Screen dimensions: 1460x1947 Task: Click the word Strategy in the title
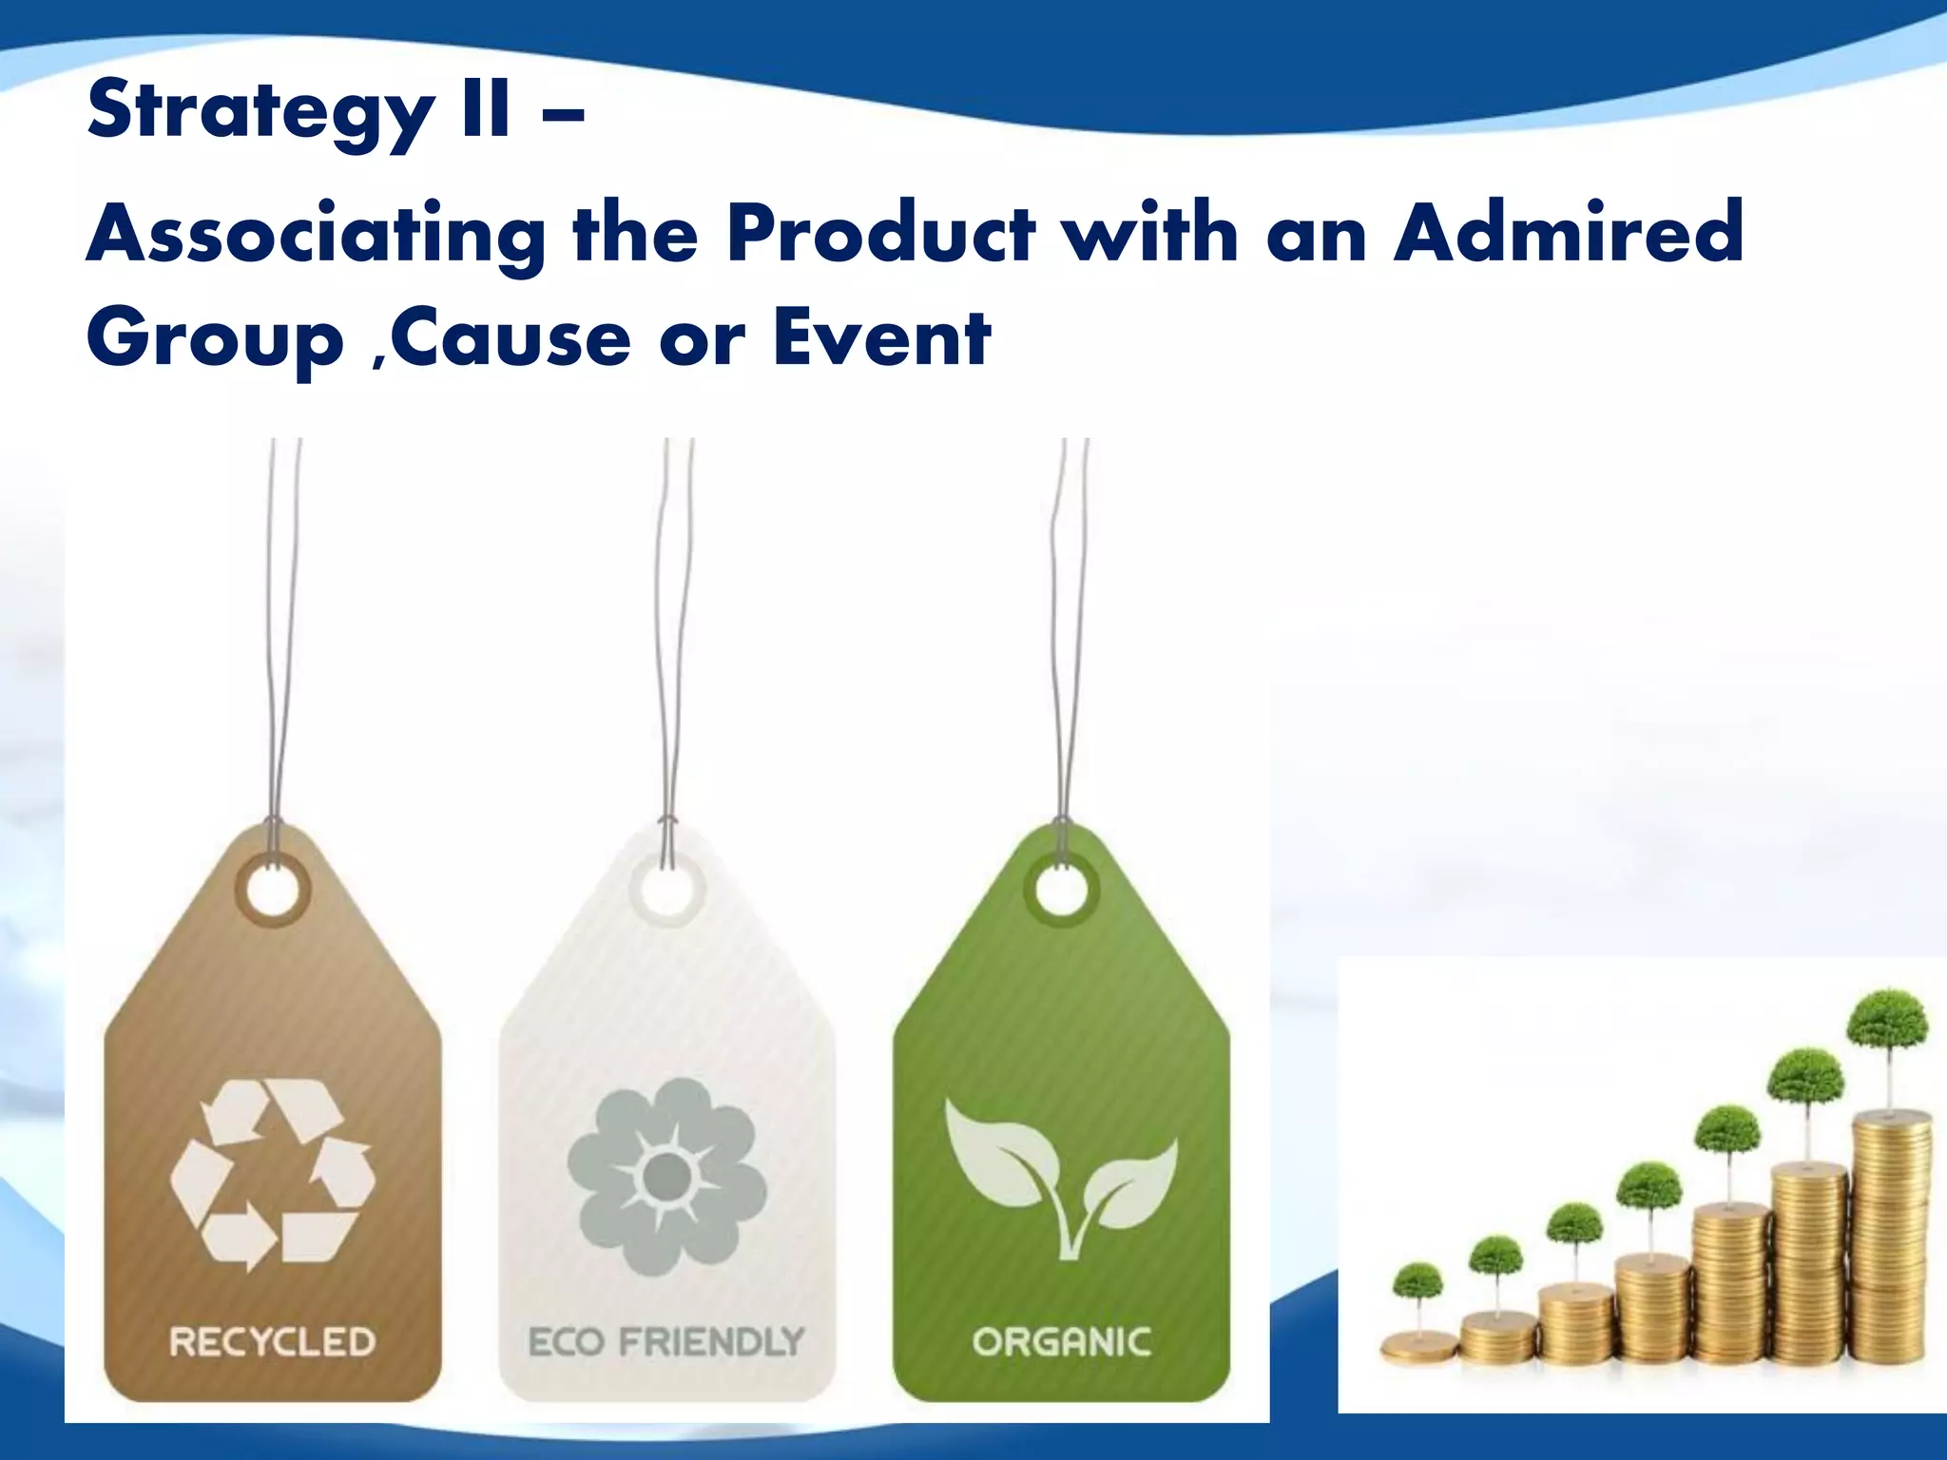tap(259, 112)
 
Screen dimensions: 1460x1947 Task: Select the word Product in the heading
tap(879, 232)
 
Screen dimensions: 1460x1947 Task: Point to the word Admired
tap(1569, 232)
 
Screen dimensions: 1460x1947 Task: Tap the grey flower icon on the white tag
tap(666, 1176)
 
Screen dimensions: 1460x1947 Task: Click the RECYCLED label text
tap(273, 1341)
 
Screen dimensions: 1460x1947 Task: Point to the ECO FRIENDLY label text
tap(666, 1341)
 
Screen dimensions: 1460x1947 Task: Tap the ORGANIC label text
tap(1061, 1341)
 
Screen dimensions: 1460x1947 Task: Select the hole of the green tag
tap(1061, 892)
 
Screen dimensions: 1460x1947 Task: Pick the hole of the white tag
tap(666, 892)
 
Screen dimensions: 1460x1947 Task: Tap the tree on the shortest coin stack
tap(1417, 1285)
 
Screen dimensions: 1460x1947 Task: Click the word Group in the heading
tap(215, 340)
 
